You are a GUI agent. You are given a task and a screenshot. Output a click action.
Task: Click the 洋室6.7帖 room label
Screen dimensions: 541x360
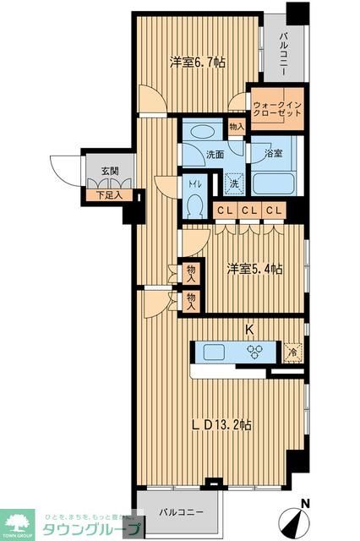pyautogui.click(x=196, y=62)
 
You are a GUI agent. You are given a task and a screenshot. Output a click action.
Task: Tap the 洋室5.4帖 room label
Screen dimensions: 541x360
pyautogui.click(x=254, y=269)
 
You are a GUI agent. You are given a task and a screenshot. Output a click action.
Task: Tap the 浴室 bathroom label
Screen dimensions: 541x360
pyautogui.click(x=272, y=153)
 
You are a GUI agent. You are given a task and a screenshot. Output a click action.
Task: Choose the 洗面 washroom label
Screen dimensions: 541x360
pyautogui.click(x=214, y=155)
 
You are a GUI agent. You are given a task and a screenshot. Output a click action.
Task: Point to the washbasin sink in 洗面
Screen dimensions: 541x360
pyautogui.click(x=200, y=133)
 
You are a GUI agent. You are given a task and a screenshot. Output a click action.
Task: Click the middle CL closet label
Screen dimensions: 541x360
pyautogui.click(x=248, y=211)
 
